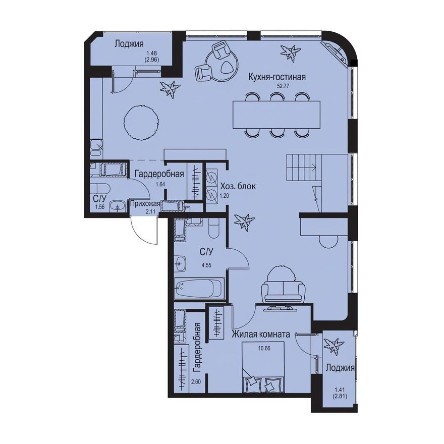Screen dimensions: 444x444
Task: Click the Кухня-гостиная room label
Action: click(276, 77)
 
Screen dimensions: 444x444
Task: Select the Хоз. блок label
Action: click(239, 186)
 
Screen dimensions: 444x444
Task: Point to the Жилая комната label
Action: click(260, 335)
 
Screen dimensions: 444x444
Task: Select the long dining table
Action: click(276, 115)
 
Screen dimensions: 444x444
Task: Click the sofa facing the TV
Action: click(284, 289)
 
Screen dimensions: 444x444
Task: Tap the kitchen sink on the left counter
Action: click(96, 148)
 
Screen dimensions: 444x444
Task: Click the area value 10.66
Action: click(263, 348)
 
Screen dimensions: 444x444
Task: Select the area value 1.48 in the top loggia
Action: click(151, 53)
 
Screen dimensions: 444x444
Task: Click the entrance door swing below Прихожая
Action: click(143, 230)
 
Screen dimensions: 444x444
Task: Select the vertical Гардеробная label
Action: click(197, 347)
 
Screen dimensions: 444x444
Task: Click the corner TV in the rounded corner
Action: click(335, 52)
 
